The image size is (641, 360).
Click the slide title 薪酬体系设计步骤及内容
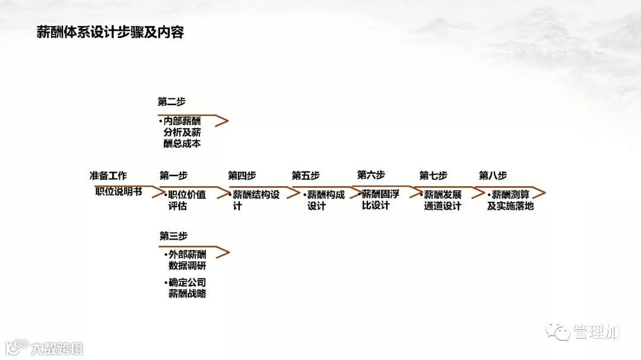click(110, 32)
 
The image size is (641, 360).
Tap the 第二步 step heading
click(172, 101)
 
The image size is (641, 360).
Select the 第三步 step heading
click(173, 235)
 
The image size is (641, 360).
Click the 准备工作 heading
click(108, 176)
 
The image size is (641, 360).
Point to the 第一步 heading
click(173, 176)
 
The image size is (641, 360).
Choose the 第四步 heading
click(242, 176)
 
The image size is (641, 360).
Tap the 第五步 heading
click(305, 176)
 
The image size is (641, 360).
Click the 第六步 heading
click(371, 175)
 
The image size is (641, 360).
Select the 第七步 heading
click(433, 176)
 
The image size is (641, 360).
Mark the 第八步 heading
click(493, 176)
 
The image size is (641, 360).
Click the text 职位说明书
click(119, 192)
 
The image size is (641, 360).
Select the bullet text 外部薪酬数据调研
click(186, 260)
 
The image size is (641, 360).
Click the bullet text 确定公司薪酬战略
click(186, 288)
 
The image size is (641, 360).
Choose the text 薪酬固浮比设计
click(380, 199)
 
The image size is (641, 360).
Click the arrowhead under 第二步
click(221, 121)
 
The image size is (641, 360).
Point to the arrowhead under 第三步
click(222, 253)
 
